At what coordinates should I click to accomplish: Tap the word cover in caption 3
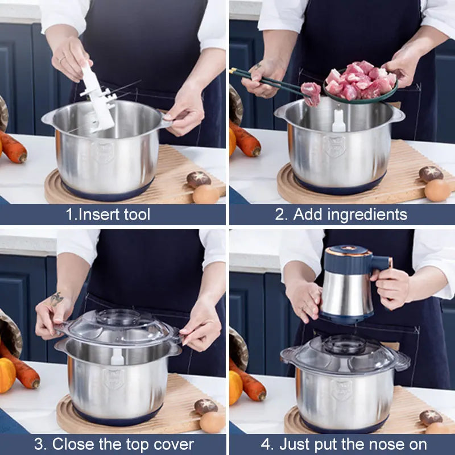point(172,444)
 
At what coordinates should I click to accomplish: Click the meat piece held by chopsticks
point(311,93)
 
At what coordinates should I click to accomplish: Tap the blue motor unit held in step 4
point(347,284)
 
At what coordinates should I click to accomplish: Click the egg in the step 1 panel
point(205,195)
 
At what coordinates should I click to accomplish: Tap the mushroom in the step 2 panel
point(431,173)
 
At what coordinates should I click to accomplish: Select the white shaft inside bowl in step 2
point(338,121)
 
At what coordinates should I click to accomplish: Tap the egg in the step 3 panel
point(212,422)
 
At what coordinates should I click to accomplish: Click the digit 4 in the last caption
point(266,444)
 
